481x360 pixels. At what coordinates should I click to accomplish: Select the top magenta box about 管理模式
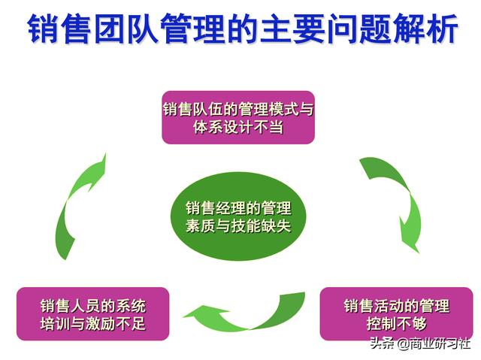[x=238, y=117]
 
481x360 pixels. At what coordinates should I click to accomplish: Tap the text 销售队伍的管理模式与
[x=238, y=108]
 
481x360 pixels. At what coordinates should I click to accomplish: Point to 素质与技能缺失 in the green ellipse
[x=238, y=225]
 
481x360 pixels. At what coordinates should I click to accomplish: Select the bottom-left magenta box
[x=93, y=314]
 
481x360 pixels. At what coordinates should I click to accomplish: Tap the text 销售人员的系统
[x=93, y=305]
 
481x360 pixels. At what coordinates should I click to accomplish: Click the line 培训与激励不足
[x=93, y=324]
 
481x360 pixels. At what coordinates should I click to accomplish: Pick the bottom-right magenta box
[x=396, y=314]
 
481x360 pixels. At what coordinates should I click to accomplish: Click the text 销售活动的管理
[x=396, y=305]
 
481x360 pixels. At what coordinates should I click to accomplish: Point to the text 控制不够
[x=396, y=324]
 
